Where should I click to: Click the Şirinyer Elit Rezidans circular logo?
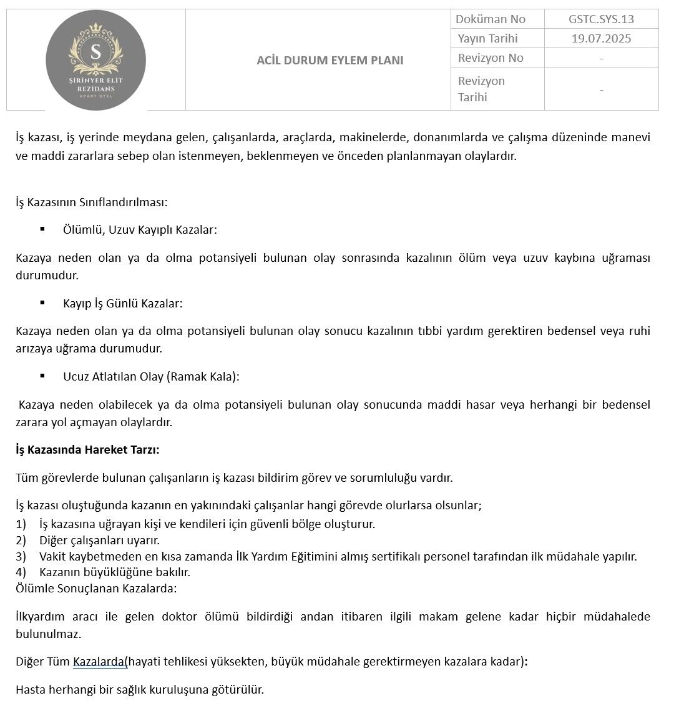(95, 60)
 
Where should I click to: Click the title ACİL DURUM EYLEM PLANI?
(330, 61)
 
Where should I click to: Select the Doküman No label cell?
(491, 19)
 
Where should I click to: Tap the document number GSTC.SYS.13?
(600, 19)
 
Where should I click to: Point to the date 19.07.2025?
(600, 39)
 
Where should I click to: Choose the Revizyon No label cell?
(491, 58)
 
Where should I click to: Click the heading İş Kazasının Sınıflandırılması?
(92, 202)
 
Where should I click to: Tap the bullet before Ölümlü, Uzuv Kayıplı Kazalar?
(42, 229)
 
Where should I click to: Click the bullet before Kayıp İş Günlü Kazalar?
(42, 302)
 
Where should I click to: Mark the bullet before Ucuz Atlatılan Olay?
(42, 376)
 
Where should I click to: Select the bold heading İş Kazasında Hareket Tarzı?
(87, 449)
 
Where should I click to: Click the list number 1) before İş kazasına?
(21, 524)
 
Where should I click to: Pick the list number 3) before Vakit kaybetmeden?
(21, 556)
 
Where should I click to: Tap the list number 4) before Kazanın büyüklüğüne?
(21, 572)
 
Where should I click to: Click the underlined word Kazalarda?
(99, 661)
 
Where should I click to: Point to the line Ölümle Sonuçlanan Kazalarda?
(96, 588)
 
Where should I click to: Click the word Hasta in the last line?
(31, 690)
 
